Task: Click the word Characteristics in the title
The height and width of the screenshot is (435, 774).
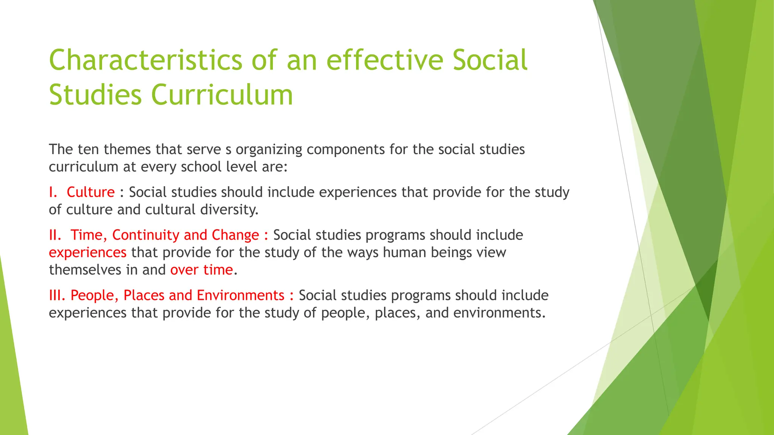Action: click(146, 60)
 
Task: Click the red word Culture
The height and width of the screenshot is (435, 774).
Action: click(90, 192)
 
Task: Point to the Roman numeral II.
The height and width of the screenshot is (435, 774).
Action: click(55, 235)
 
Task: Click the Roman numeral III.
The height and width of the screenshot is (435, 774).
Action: click(57, 295)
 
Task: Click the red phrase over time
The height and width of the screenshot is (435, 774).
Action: click(201, 270)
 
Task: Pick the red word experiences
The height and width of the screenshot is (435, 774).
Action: click(88, 253)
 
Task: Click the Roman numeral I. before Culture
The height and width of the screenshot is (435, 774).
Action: click(53, 192)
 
